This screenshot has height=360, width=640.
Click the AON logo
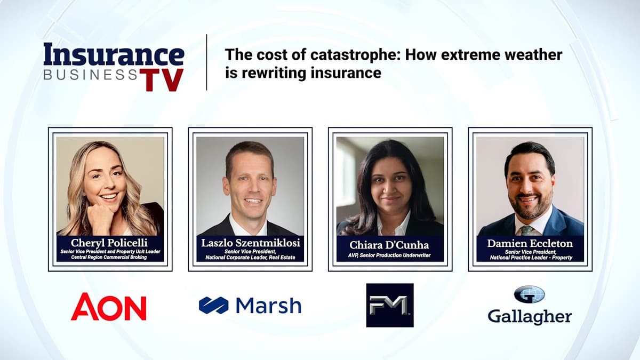coord(108,307)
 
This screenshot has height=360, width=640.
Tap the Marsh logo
coord(250,306)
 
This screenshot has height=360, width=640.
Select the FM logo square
coord(389,305)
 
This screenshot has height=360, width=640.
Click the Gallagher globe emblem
coord(529,294)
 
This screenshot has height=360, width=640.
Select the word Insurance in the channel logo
coord(114,55)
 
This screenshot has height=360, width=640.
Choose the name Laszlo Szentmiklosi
coord(250,243)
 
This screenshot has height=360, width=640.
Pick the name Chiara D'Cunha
coord(390,245)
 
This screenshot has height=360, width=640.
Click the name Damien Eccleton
coord(530,243)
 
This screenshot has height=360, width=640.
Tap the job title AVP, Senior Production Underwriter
coord(390,255)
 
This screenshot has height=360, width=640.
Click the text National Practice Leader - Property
coord(530,258)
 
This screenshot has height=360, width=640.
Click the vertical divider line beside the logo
coord(206,62)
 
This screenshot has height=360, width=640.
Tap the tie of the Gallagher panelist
coord(526,229)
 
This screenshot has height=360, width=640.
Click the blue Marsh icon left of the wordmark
coord(213,306)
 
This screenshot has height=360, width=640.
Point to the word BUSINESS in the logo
coord(91,75)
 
